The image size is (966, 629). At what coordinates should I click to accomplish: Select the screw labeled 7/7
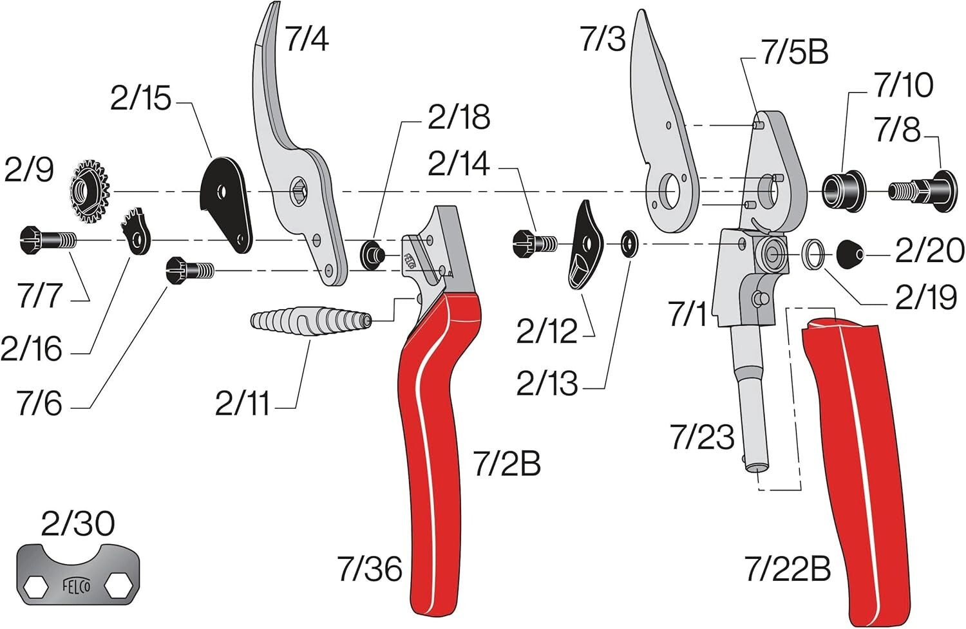coord(48,240)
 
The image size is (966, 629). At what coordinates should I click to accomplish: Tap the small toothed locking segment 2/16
coord(137,232)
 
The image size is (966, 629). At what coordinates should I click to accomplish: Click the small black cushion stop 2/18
coord(372,252)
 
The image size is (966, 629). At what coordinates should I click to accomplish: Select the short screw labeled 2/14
coord(534,243)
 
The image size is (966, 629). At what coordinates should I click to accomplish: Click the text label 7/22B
coord(787,569)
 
